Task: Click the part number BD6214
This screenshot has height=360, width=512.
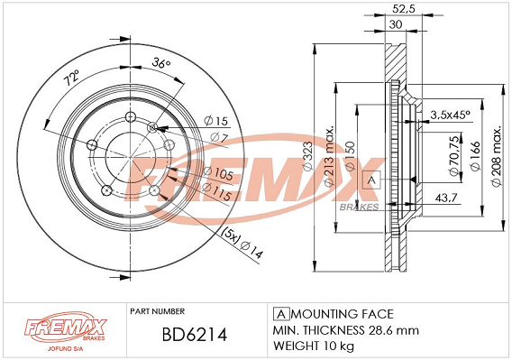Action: [x=195, y=335]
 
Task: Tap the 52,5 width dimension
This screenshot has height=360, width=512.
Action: [x=404, y=9]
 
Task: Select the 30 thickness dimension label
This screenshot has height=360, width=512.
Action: [x=396, y=25]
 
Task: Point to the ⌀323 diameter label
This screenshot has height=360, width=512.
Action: [x=308, y=156]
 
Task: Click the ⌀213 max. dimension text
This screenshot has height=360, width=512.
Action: [x=330, y=156]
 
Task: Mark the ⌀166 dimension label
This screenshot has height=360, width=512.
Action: [x=475, y=156]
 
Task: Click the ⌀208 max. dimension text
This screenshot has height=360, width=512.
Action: [x=497, y=156]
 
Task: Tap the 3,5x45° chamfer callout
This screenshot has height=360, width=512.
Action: [x=450, y=115]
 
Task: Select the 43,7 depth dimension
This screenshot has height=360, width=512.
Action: [x=446, y=198]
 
